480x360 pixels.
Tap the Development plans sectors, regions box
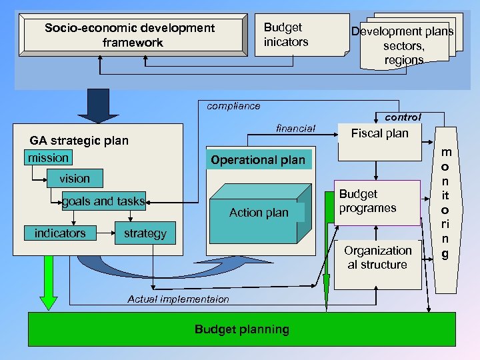point(403,45)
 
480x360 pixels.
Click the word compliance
point(233,106)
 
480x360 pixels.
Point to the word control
point(403,117)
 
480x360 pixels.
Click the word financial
point(295,128)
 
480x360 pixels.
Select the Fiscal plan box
point(379,140)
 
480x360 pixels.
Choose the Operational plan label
point(258,160)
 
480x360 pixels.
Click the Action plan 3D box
point(259,213)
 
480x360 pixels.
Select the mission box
point(48,158)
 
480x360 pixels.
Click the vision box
point(75,178)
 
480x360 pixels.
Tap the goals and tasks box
point(103,201)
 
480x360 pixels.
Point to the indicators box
point(60,233)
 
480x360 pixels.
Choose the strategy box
point(145,233)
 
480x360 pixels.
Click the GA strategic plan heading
point(79,141)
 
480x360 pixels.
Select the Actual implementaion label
point(178,299)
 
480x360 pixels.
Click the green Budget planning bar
point(241,329)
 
